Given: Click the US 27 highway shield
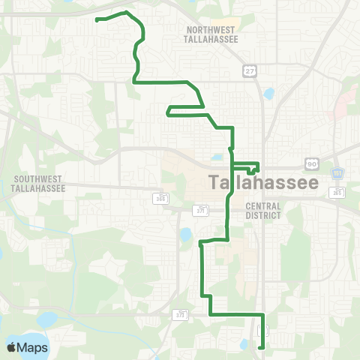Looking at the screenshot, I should [249, 70].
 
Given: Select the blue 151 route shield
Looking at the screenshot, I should [337, 173].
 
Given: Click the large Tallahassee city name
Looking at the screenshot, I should [262, 182].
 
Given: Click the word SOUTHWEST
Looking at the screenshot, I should [38, 180].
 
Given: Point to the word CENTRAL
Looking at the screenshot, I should [262, 205].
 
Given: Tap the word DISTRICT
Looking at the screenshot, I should [262, 215].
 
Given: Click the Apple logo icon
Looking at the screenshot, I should [12, 347].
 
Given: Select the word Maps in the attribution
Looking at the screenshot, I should [33, 347].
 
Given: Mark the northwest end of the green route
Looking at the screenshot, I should [97, 20].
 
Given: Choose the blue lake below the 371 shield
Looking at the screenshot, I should [185, 235].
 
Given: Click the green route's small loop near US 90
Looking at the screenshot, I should [253, 168].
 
